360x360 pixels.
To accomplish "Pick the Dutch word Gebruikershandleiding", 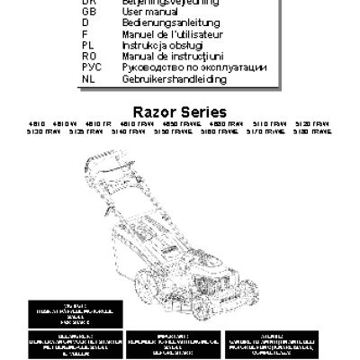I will (x=175, y=79).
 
